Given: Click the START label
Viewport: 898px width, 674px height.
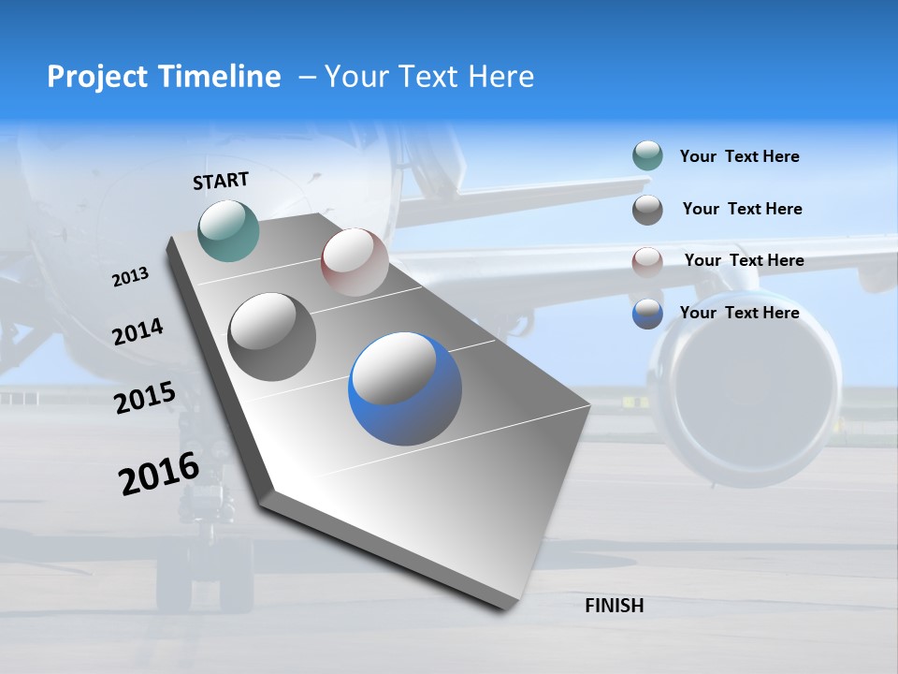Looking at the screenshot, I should coord(221,181).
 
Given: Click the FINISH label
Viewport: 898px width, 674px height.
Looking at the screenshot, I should coord(614,606).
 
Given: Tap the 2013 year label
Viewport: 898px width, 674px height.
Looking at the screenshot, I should coord(131,277).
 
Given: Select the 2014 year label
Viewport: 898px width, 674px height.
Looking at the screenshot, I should coord(138,331).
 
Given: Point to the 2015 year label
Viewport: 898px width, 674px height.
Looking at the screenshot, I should coord(145,398).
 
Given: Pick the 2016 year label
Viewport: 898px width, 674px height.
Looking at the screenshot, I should coord(159,474).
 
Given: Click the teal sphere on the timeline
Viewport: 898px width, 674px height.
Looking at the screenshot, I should coord(229,230).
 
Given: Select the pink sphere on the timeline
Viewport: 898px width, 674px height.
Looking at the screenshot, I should coord(355,262).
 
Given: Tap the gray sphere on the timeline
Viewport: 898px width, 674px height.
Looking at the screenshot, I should coord(272,337).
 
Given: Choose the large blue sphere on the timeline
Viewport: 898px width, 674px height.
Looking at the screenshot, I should coord(405,388).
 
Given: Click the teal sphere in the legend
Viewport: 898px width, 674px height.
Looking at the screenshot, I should coord(647,156).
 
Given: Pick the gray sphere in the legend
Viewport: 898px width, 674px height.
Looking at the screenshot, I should coord(647,210).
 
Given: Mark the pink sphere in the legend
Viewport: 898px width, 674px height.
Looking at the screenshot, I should coord(647,261).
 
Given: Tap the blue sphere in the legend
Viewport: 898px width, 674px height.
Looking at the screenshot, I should coord(647,314).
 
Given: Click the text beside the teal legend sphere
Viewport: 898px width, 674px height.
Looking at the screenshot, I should coord(739,156).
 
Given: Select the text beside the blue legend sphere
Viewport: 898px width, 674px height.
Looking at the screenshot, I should coord(739,313).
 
